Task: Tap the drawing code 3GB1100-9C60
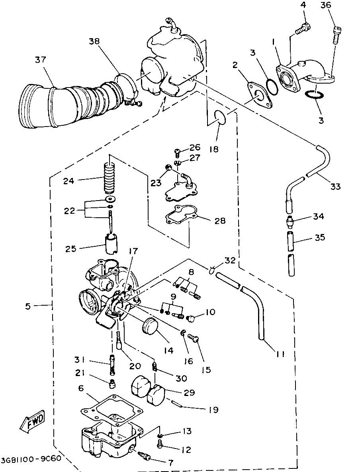(31, 458)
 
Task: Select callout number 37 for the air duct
(40, 60)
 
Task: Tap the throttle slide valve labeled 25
(111, 245)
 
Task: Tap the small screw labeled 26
(178, 152)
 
